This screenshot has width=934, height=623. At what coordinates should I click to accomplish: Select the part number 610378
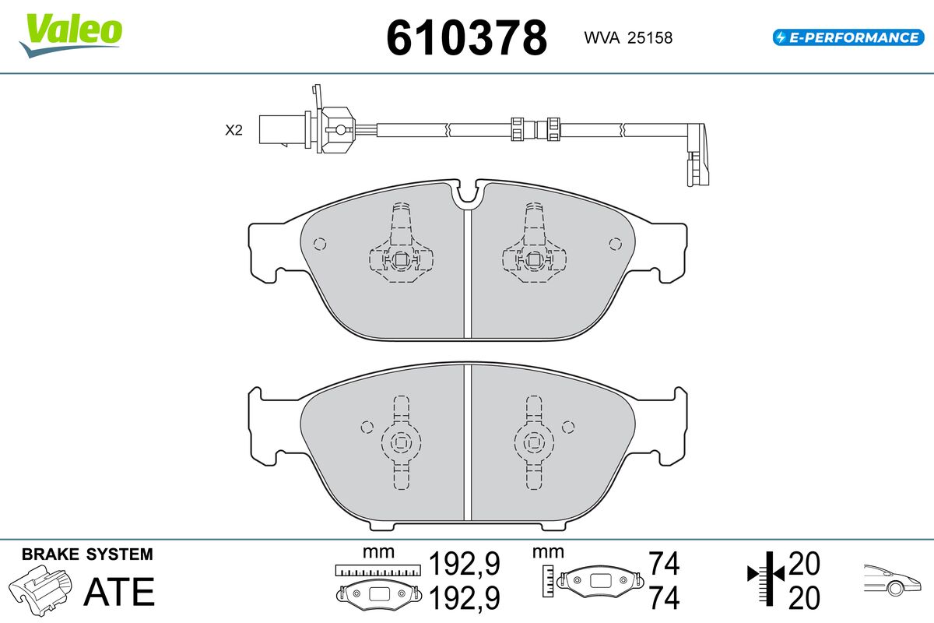pos(467,37)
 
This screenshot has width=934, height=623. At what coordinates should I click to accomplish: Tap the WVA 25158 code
pos(627,37)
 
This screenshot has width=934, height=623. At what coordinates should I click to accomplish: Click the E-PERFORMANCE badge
pos(847,37)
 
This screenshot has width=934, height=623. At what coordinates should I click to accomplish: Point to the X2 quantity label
pos(233,131)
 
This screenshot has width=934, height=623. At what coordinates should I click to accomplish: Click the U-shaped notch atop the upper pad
pos(469,197)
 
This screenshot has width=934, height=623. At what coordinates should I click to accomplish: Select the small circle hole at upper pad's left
pos(320,243)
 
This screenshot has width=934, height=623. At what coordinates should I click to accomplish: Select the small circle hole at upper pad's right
pos(616,243)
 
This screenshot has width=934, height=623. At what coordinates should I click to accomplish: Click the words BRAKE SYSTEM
pos(87,554)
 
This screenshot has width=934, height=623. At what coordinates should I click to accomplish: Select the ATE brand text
pos(118,592)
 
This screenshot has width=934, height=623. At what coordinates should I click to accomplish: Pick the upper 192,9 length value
pos(465,563)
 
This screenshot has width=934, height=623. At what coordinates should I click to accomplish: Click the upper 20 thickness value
pos(804,563)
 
